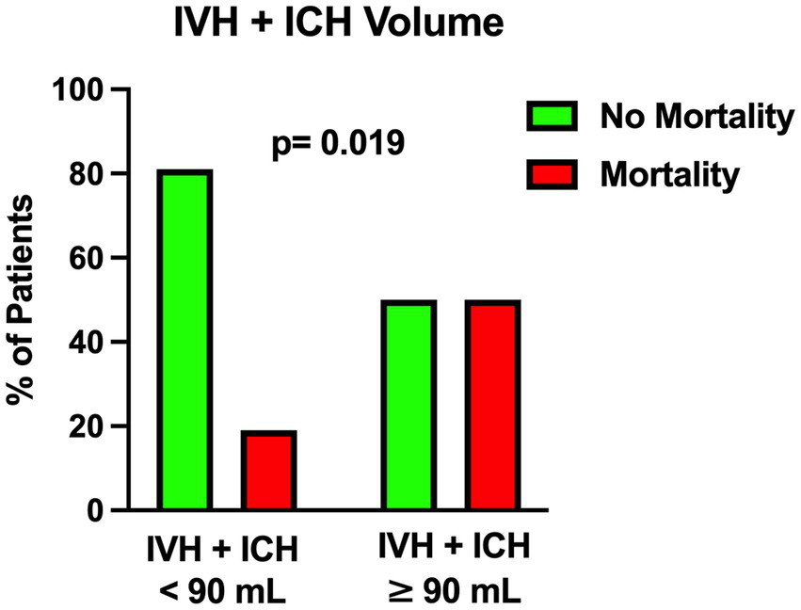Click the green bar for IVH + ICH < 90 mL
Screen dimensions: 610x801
[x=185, y=341]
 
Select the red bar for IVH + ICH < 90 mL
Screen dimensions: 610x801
[x=268, y=471]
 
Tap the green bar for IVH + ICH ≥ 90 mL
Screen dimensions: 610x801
[x=409, y=406]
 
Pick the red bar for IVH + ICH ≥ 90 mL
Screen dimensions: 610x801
[x=491, y=406]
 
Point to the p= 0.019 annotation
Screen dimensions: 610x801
[x=338, y=143]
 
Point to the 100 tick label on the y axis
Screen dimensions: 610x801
[x=79, y=90]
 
